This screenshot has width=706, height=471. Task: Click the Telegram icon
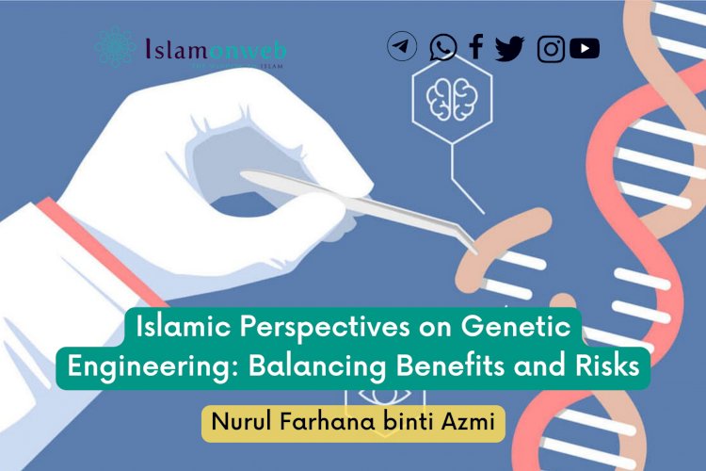pyautogui.click(x=402, y=46)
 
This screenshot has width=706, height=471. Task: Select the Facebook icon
pyautogui.click(x=476, y=46)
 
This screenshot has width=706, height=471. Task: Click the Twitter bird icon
pyautogui.click(x=510, y=47)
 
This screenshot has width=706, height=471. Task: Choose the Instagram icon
pyautogui.click(x=551, y=48)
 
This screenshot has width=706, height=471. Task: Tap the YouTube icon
pyautogui.click(x=585, y=47)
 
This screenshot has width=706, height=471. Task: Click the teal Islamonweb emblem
pyautogui.click(x=115, y=46)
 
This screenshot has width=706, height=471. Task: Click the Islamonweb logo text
pyautogui.click(x=217, y=47)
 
